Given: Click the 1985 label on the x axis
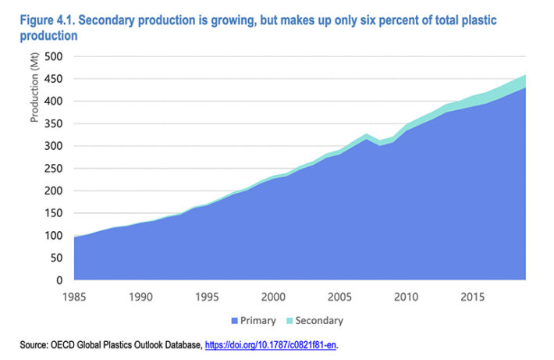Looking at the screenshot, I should click(x=75, y=297).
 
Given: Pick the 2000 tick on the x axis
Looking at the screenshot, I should click(x=272, y=297).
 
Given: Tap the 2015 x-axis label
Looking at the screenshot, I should click(x=471, y=297).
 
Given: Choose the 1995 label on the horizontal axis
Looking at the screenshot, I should click(x=207, y=297).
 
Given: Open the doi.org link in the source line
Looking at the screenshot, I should click(x=271, y=344).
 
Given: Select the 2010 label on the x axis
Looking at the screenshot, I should click(x=404, y=297).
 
